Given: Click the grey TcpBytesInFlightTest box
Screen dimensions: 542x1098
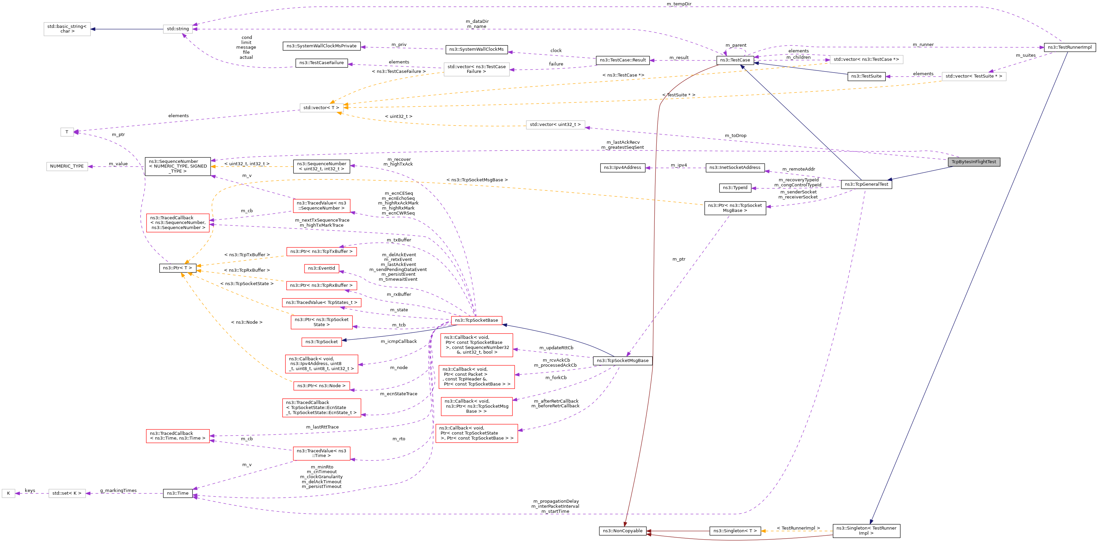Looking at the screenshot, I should pos(974,162).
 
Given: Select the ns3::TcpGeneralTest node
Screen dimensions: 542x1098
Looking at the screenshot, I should pos(866,184).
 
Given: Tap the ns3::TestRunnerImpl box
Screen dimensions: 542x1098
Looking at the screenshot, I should pos(1069,47).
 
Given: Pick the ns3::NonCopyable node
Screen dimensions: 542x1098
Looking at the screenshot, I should pos(623,531).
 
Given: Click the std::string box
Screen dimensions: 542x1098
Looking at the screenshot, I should pos(178,29).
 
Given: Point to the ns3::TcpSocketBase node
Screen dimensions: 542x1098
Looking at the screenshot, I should pos(476,320).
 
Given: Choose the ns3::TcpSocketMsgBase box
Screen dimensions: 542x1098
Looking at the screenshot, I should pos(622,361).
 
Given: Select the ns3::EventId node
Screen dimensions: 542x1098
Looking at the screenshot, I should pos(321,268).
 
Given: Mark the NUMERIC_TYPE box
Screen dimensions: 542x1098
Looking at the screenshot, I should pos(67,167).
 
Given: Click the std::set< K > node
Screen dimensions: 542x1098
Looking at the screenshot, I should pos(67,493).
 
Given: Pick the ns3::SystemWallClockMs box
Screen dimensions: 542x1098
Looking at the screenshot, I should pos(476,49).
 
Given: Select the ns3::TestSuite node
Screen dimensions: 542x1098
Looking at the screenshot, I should pos(866,76).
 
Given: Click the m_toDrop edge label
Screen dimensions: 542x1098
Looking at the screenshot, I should pos(735,136).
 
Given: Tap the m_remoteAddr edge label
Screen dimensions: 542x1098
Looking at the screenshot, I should pos(798,169).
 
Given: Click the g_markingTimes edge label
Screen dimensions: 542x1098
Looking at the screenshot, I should pos(119,491).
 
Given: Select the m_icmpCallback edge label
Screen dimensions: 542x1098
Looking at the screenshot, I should pos(399,342).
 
